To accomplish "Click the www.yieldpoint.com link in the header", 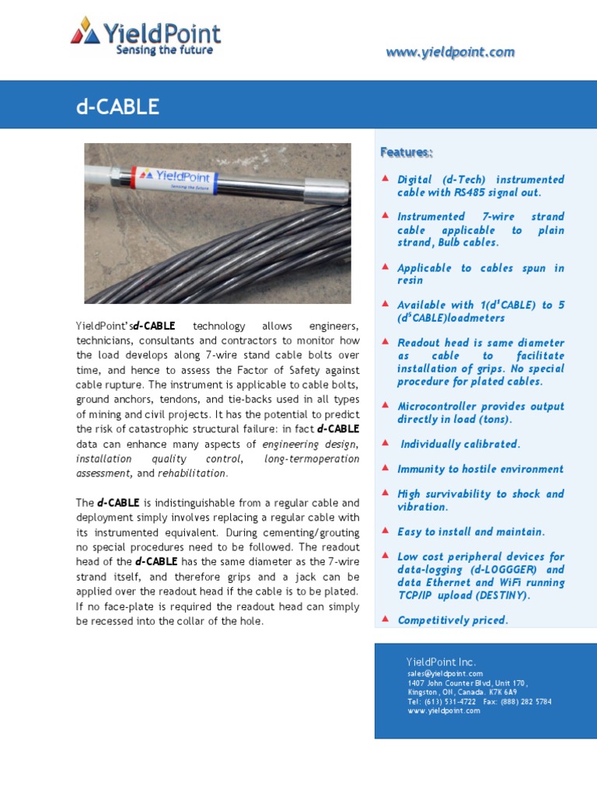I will pos(450,52).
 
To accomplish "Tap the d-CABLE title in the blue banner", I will pos(117,107).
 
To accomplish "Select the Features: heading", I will pos(406,152).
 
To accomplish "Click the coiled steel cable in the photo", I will pos(233,257).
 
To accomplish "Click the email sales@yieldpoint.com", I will pos(445,673).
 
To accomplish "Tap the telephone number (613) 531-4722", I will pos(449,701).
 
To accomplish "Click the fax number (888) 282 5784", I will pos(528,701).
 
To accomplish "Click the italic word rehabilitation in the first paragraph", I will pos(192,473).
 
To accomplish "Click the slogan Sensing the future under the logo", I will pos(164,51).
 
